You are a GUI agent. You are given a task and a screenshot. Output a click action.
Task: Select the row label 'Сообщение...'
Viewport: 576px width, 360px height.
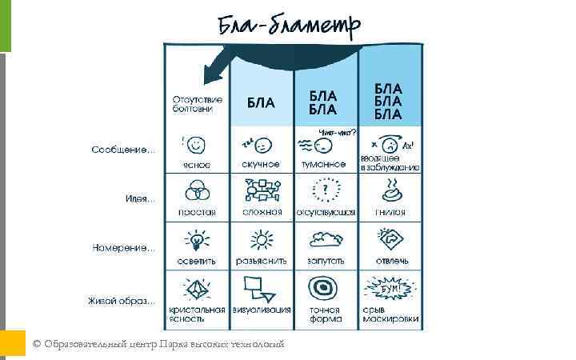[123, 150]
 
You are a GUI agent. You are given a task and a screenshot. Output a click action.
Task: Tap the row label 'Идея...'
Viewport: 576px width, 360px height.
[140, 198]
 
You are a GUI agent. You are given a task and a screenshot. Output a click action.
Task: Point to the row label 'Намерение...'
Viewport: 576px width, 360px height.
[123, 248]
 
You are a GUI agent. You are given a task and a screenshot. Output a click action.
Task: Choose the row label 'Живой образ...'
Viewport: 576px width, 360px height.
[122, 302]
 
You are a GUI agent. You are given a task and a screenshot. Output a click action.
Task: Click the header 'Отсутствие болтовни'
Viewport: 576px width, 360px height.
[198, 104]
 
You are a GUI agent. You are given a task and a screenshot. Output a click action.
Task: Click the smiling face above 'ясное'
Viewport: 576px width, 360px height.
[197, 145]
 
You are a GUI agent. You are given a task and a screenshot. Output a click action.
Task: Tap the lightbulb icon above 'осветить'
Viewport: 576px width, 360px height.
[196, 240]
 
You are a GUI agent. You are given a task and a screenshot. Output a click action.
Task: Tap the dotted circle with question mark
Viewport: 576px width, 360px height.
[324, 190]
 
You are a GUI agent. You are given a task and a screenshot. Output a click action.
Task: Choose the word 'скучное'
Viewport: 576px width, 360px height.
[261, 164]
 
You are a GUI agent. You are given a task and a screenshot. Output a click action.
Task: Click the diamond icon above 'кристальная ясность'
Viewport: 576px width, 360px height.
[196, 288]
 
